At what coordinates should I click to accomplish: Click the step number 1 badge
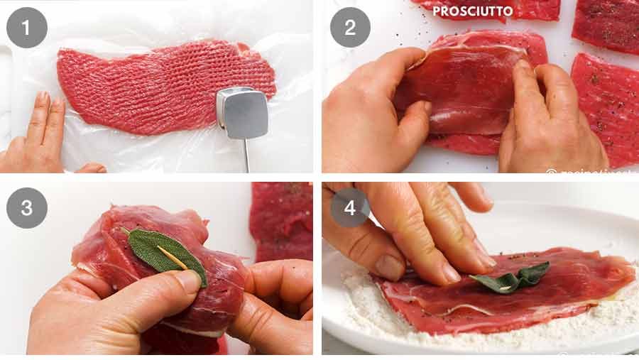[x=27, y=28]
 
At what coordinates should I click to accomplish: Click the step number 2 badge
[x=349, y=28]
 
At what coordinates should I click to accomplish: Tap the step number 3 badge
[x=27, y=208]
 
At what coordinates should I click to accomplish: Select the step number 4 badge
[x=349, y=208]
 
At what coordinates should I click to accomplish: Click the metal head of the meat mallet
[x=242, y=113]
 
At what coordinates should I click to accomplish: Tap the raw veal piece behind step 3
[x=280, y=220]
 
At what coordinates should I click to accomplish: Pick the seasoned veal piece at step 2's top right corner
[x=607, y=25]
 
